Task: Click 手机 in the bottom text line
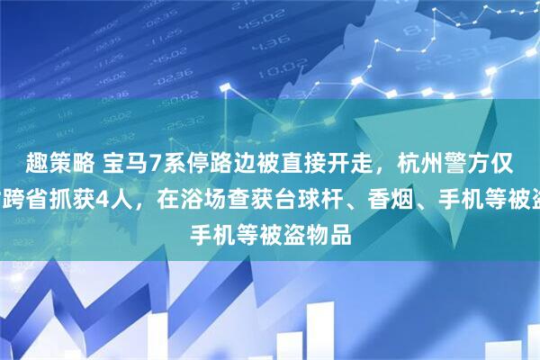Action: (x=212, y=214)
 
